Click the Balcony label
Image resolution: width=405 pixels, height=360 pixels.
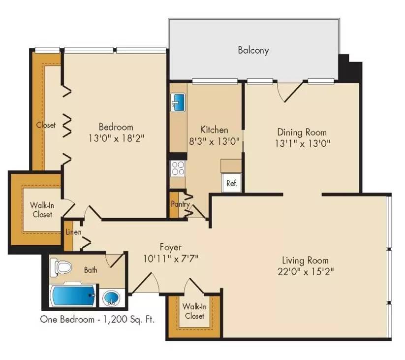[253, 50]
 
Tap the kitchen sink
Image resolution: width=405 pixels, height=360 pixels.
[178, 102]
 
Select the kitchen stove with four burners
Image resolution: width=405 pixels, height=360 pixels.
[177, 168]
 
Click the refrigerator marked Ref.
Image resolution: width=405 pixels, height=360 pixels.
[232, 183]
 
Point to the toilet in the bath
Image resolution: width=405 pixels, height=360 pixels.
[63, 266]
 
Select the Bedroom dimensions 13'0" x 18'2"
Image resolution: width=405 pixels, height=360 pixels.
[116, 137]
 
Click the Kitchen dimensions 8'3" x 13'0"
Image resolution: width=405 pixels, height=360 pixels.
[215, 141]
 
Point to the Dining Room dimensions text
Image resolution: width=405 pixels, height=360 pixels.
[302, 143]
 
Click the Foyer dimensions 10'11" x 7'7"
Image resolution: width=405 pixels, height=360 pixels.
[171, 258]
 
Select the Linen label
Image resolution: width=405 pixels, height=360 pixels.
[73, 232]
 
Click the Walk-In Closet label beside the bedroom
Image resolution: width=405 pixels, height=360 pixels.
[42, 210]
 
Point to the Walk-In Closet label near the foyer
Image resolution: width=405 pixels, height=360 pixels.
[194, 311]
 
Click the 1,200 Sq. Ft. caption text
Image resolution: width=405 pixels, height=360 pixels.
[128, 320]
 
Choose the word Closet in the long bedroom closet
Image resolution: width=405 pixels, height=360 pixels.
[46, 125]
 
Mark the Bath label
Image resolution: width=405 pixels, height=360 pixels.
[91, 270]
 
